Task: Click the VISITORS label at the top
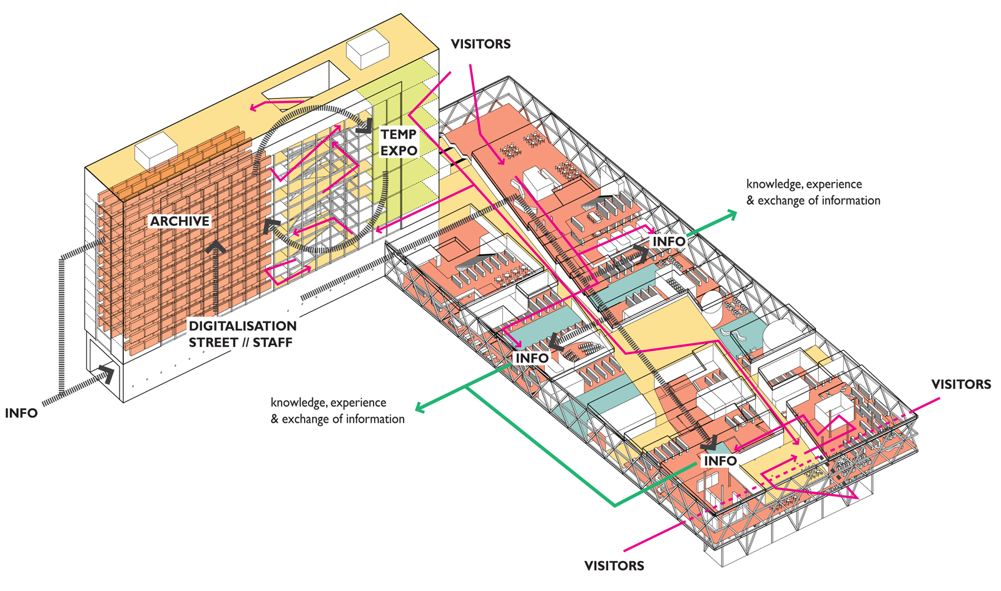click(x=480, y=44)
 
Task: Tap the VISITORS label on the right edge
click(x=960, y=384)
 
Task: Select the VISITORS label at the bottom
click(x=614, y=565)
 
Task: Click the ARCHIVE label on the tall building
click(x=180, y=221)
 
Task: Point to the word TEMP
click(x=399, y=134)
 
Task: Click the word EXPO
click(x=399, y=151)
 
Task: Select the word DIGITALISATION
click(x=243, y=326)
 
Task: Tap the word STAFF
click(x=273, y=343)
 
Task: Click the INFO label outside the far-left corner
click(x=21, y=413)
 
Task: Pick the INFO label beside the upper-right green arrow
click(x=669, y=241)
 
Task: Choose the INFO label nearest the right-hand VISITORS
click(x=720, y=461)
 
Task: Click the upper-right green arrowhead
click(x=731, y=215)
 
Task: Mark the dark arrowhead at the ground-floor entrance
click(x=107, y=374)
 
